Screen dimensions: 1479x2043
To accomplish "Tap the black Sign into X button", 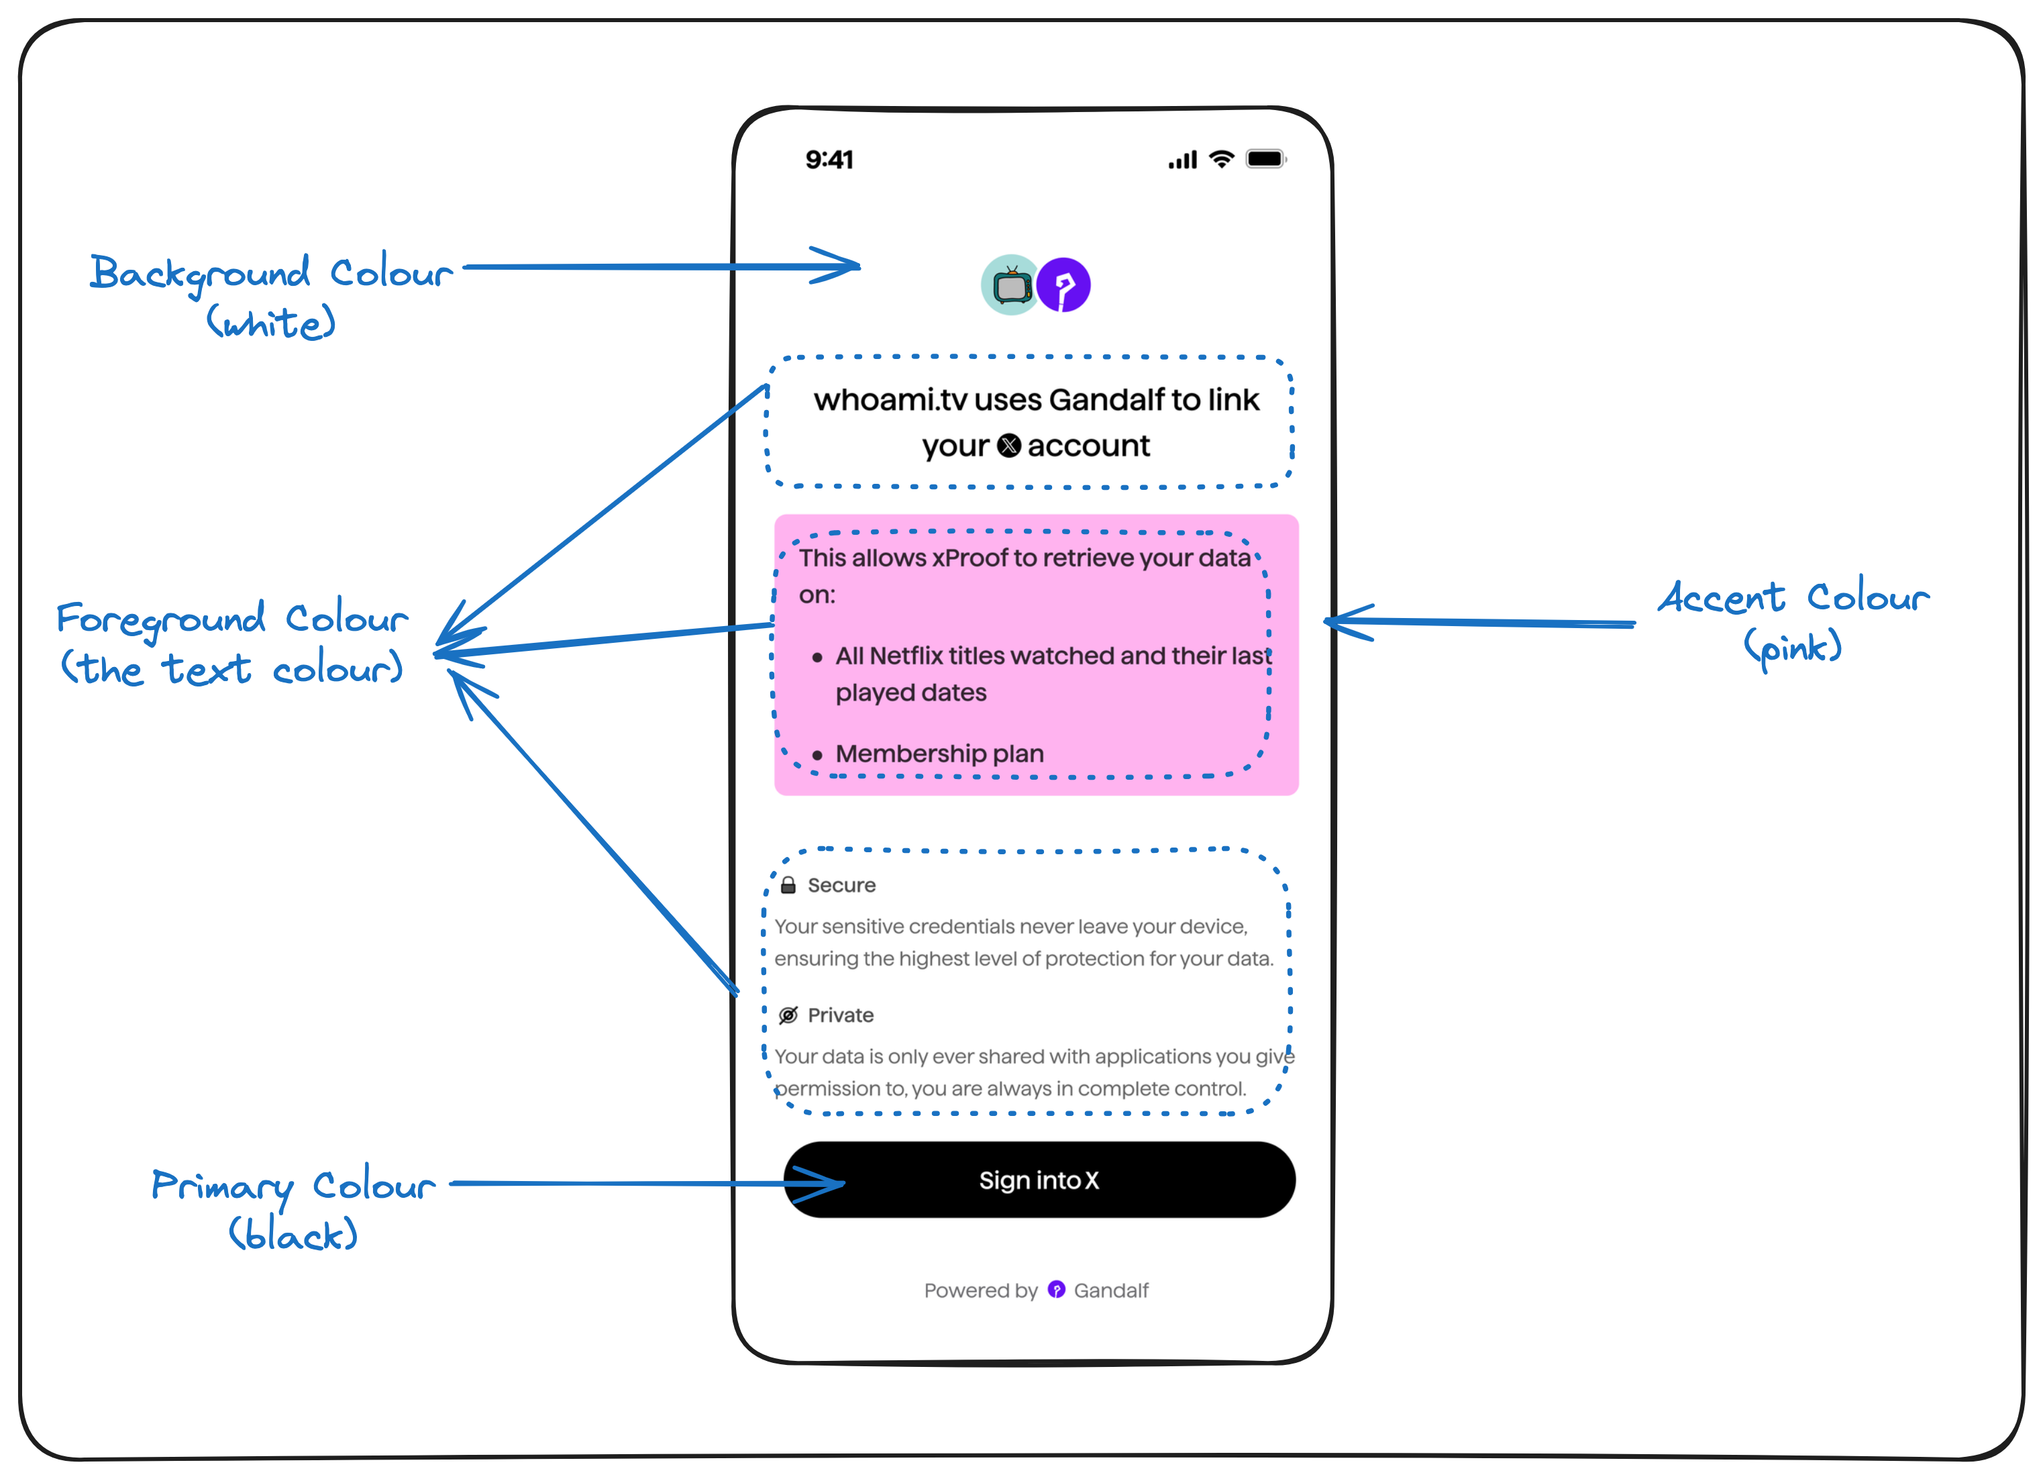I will pos(1039,1180).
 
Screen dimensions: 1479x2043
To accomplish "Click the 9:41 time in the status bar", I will pos(829,160).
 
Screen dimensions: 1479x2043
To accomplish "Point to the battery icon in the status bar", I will pos(1265,160).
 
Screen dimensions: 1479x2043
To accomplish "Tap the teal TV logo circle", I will pos(1010,285).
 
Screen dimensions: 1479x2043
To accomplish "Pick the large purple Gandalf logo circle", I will pos(1064,285).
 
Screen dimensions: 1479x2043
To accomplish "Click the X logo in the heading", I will pos(1009,446).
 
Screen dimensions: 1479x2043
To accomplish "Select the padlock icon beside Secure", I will pos(788,885).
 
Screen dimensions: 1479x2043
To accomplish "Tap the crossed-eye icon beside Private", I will pos(788,1015).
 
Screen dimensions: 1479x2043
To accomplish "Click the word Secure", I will pos(841,885).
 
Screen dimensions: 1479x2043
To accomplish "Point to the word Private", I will pos(841,1015).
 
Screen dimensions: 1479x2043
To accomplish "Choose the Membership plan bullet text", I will pos(939,754).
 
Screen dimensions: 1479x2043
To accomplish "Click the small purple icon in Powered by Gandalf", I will pos(1057,1290).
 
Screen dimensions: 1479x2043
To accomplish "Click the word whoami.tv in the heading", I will pos(890,400).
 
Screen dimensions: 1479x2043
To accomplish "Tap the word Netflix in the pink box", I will pos(906,656).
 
